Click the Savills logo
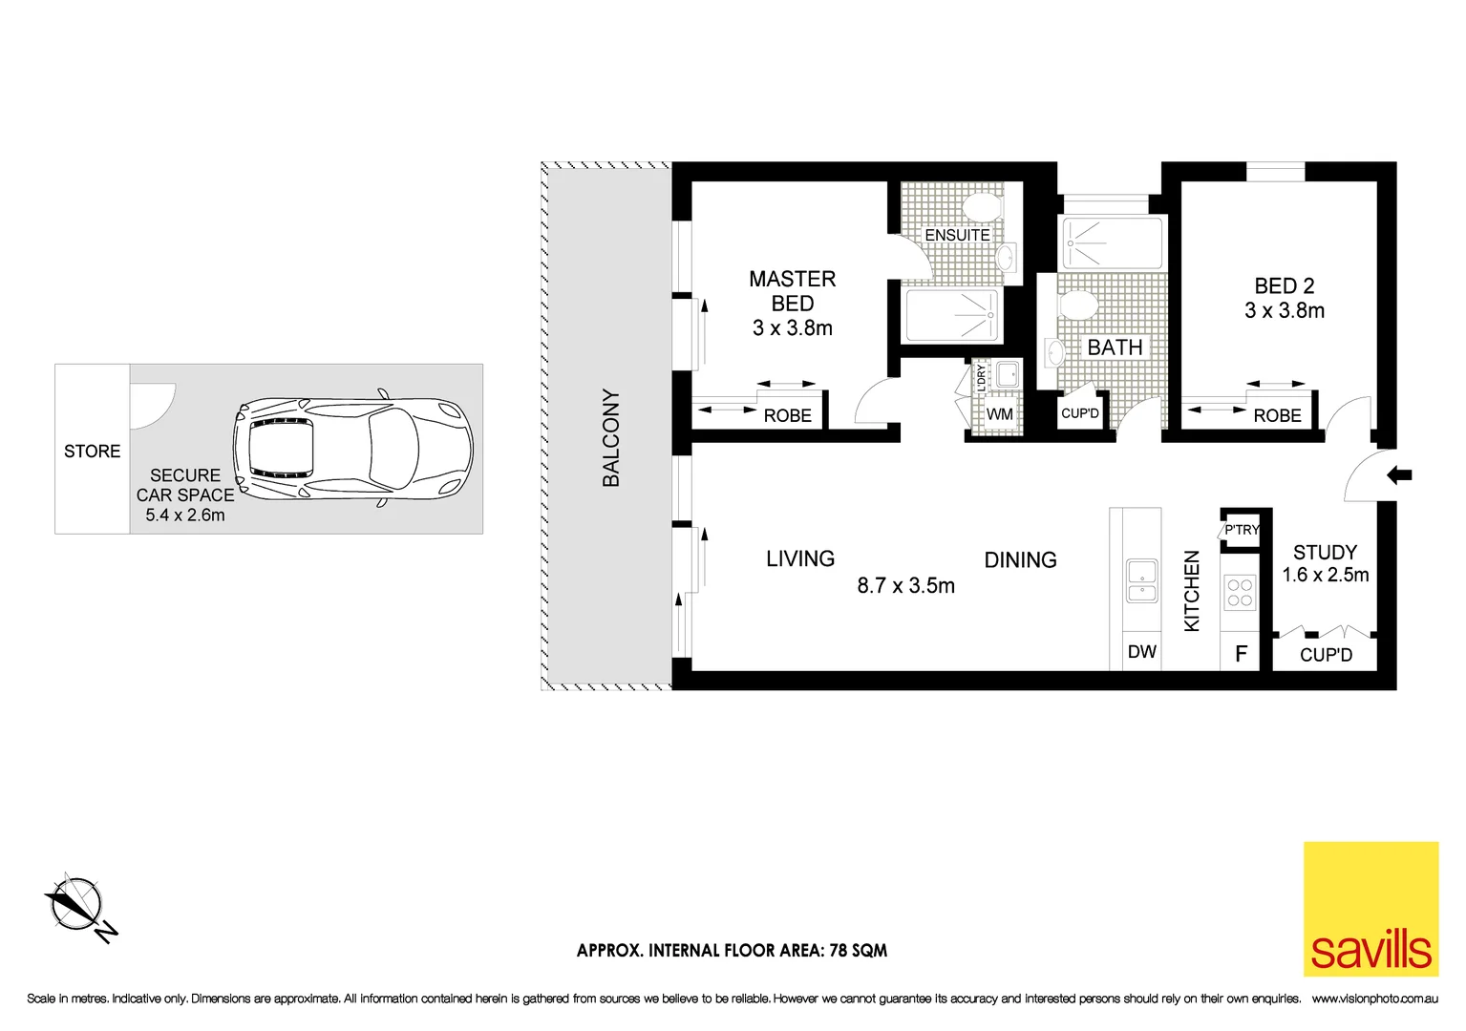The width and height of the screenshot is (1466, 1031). [x=1370, y=909]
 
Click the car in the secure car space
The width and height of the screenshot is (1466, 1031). [x=353, y=448]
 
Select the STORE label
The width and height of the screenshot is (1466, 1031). [x=92, y=451]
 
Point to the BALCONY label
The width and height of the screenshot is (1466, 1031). [x=610, y=437]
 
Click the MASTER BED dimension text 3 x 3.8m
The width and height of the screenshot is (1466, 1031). [x=792, y=327]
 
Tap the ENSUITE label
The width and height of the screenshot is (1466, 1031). [x=956, y=235]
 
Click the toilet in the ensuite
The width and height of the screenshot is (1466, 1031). [x=981, y=207]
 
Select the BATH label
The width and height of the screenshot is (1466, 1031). [x=1115, y=347]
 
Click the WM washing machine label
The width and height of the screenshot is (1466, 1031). [x=999, y=414]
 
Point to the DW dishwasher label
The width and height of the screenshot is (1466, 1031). [x=1141, y=652]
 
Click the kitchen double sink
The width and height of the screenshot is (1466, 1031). [x=1141, y=581]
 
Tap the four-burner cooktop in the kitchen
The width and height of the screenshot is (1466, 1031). [x=1240, y=593]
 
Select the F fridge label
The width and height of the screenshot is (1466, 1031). [x=1241, y=654]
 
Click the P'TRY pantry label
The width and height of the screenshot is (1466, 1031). [x=1242, y=530]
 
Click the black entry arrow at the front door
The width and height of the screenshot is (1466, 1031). [x=1399, y=474]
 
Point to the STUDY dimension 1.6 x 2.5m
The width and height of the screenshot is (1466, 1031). [x=1325, y=575]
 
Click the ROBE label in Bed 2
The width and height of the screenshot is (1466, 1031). [x=1277, y=415]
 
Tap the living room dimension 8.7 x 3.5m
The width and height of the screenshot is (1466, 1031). [x=905, y=586]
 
